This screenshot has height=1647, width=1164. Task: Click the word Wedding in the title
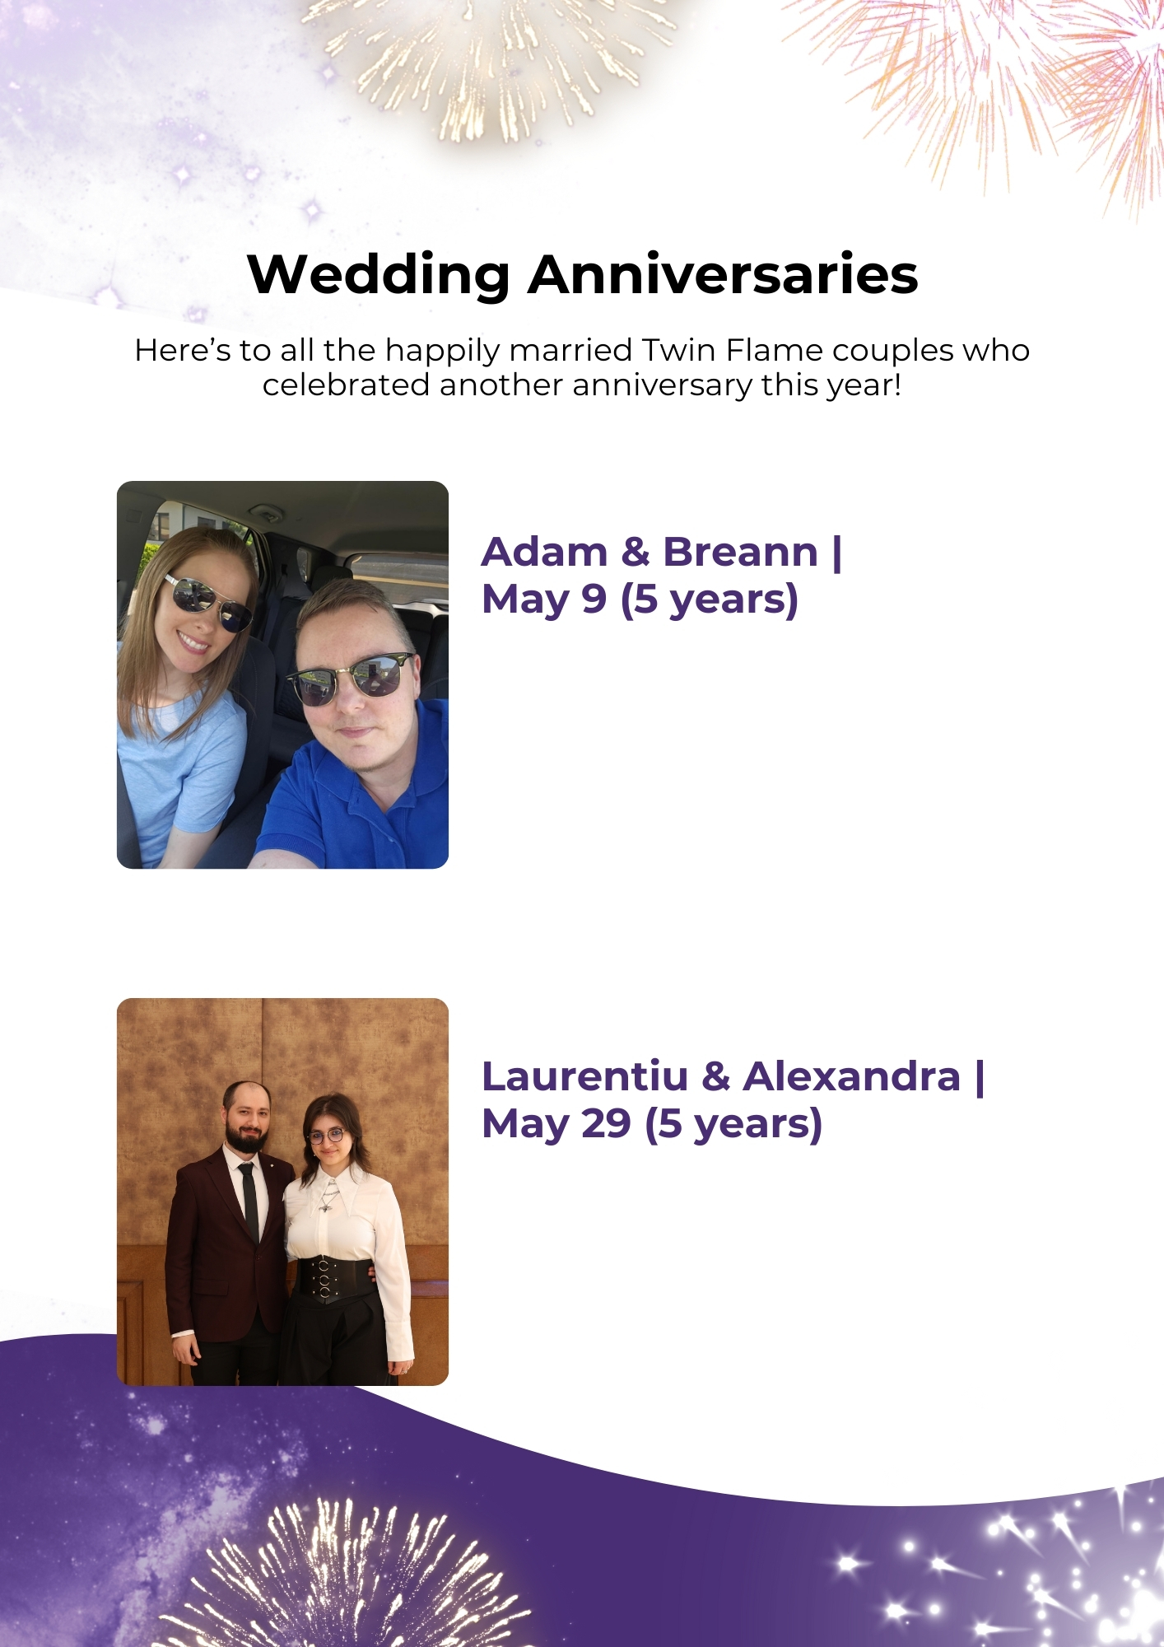coord(379,274)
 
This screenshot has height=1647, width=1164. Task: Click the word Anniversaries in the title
coord(723,274)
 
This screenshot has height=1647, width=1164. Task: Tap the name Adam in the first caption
coord(544,552)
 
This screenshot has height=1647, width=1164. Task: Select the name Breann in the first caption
coord(741,552)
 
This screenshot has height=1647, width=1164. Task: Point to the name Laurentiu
coord(584,1076)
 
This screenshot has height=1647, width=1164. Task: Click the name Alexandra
coord(852,1076)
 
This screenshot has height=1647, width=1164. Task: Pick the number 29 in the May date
coord(606,1124)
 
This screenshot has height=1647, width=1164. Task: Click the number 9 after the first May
coord(594,600)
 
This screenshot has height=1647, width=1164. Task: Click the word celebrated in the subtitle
coord(346,385)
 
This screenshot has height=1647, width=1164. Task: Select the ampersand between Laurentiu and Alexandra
coord(716,1076)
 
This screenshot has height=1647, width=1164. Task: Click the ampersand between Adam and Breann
coord(636,552)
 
